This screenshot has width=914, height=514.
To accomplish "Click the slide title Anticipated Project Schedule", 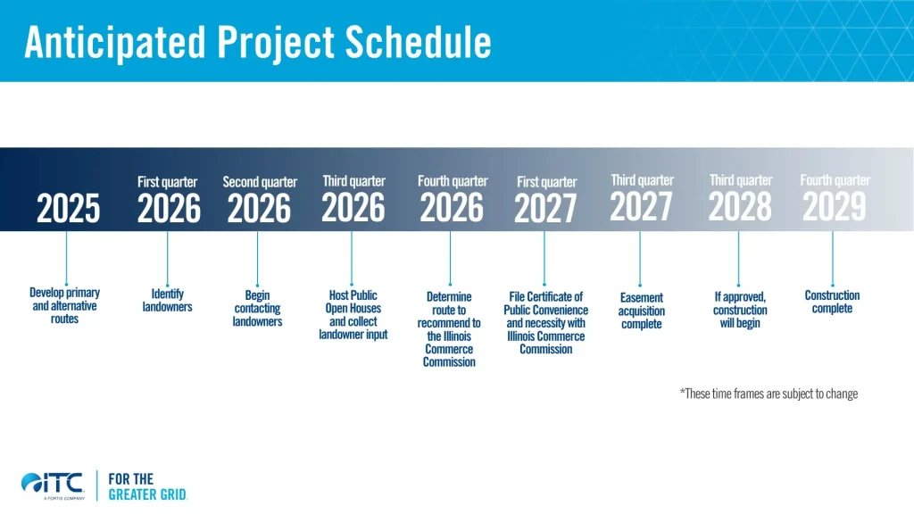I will click(257, 42).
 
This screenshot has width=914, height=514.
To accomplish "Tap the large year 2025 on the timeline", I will click(69, 210).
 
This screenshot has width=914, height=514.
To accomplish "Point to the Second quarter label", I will click(260, 182).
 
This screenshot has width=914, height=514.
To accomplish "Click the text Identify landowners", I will click(167, 301).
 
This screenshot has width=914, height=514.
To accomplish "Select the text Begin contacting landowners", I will click(257, 308).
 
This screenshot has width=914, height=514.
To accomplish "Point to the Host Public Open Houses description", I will click(353, 315).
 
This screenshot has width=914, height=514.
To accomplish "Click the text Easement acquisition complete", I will click(641, 311).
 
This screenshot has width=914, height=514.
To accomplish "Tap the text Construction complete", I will click(832, 302).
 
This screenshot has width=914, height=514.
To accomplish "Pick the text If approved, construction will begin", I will click(740, 310).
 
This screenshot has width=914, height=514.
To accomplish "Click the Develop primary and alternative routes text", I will click(65, 305).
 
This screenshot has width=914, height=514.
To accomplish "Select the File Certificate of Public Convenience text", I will click(545, 322).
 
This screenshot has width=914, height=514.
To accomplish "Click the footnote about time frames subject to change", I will click(768, 394).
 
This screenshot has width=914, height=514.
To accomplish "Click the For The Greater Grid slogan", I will click(146, 486).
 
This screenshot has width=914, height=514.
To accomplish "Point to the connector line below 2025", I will click(67, 257).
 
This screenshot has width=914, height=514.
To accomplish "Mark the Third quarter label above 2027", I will click(642, 180).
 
